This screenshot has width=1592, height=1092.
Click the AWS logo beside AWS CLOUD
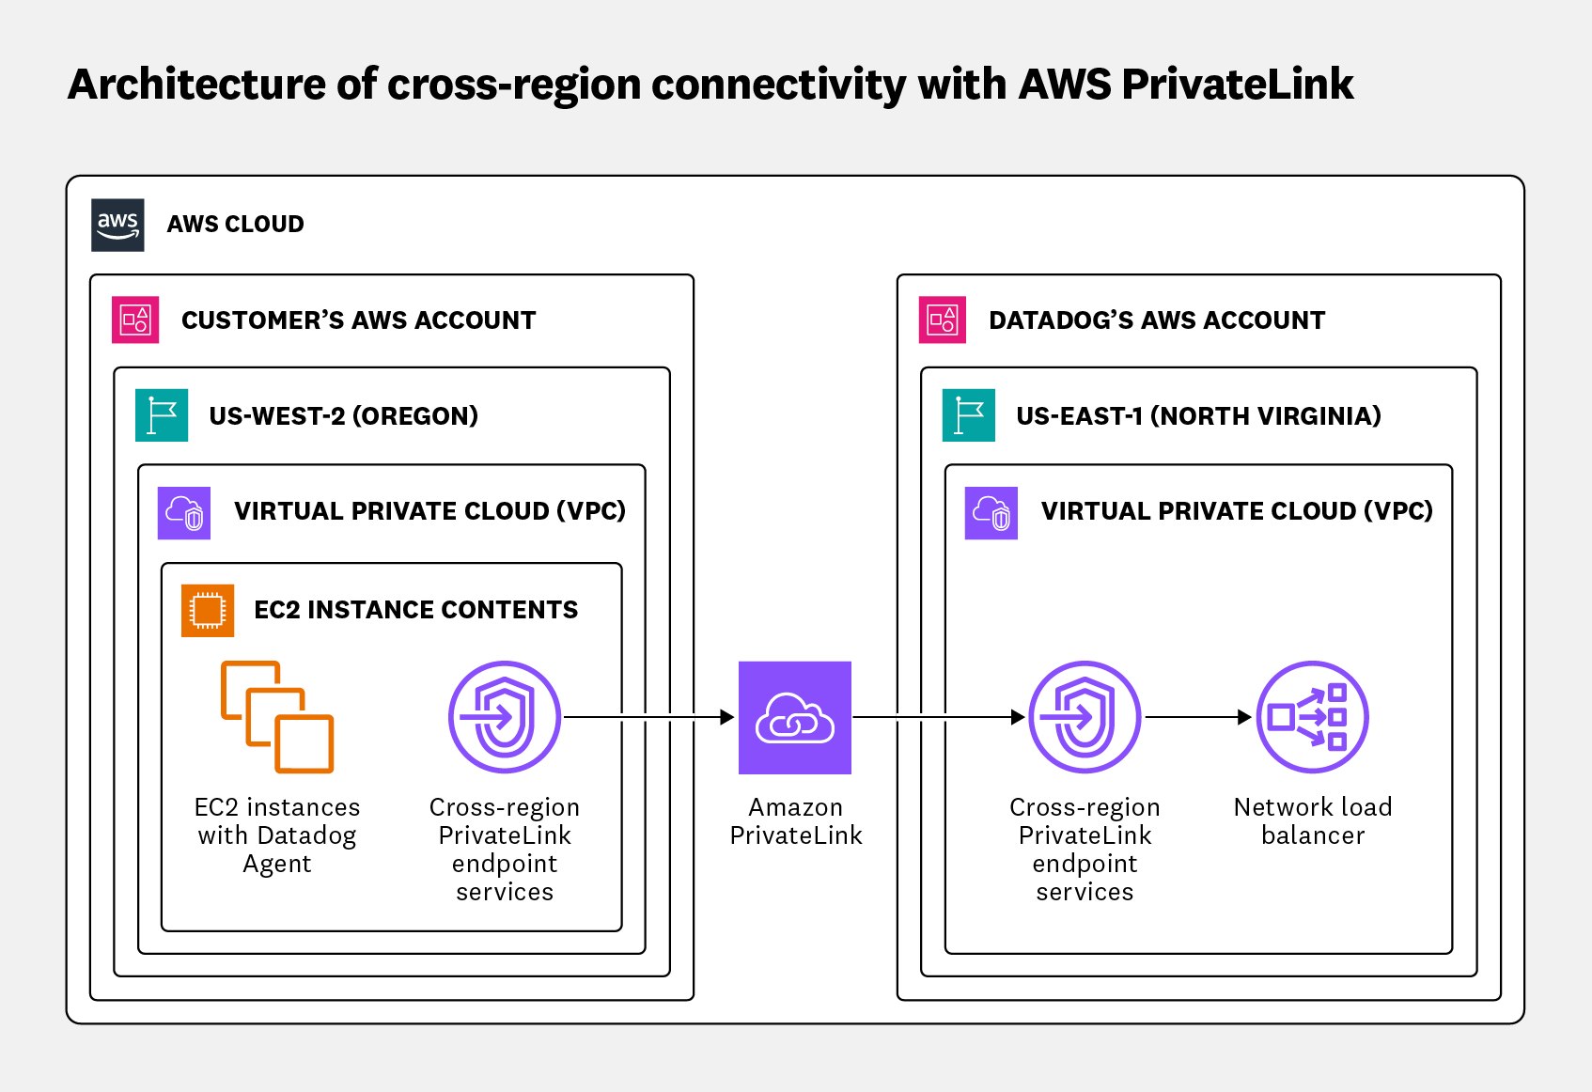(117, 225)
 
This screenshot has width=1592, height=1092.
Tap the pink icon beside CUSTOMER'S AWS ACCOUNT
(135, 320)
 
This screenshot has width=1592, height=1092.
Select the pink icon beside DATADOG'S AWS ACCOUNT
(943, 320)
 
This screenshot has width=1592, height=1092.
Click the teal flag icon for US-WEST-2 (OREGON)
(162, 415)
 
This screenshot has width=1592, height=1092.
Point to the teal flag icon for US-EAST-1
(969, 415)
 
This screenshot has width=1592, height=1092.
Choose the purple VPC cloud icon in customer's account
(184, 512)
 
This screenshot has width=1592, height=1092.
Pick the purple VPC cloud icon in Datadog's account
(991, 512)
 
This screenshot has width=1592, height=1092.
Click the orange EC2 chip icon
(208, 610)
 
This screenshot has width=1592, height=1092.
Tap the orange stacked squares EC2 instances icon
(277, 717)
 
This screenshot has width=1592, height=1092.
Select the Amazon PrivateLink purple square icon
(795, 718)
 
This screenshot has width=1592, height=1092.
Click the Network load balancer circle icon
(1312, 717)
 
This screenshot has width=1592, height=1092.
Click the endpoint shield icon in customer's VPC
(505, 717)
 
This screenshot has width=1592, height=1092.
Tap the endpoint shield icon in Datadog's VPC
(1085, 717)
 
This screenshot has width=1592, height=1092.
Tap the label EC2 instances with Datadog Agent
(277, 835)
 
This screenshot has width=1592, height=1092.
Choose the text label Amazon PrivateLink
(796, 820)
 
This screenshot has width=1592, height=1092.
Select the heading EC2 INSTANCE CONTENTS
(415, 610)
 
